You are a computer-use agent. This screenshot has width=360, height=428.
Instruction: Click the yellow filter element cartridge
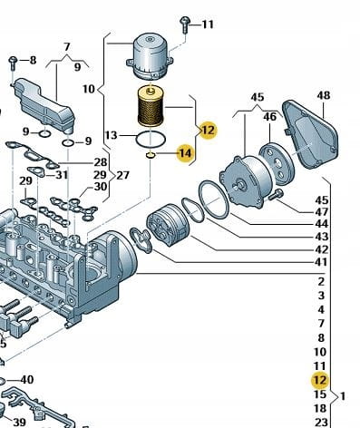pos(150,106)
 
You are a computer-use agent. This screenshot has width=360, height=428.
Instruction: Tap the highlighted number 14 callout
pos(185,153)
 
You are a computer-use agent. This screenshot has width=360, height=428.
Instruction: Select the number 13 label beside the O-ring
pos(111,135)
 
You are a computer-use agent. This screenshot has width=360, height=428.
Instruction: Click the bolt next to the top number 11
pos(184,24)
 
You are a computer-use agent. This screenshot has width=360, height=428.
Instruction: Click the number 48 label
pos(324,95)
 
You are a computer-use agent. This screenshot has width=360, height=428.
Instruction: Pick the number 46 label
pos(269,116)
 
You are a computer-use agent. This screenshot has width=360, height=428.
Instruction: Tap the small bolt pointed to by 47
pos(276,194)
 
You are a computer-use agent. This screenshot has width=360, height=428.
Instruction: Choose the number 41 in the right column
pos(321,262)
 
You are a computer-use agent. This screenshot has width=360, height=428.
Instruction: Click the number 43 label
pos(321,237)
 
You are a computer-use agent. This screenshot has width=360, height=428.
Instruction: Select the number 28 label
pos(101,162)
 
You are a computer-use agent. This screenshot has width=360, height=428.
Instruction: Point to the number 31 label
pos(62,175)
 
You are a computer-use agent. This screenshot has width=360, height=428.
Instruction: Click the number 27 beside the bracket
pos(122,175)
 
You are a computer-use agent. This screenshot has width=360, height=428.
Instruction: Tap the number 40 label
pos(26,379)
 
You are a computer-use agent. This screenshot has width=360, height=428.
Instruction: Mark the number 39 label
pos(19,423)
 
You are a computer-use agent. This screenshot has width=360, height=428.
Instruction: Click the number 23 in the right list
pos(321,423)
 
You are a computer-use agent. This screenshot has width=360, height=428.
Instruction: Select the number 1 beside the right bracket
pos(343,395)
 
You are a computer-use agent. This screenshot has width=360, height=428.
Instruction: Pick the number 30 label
pos(101,187)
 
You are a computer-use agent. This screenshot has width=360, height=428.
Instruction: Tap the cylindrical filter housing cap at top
pos(151,57)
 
